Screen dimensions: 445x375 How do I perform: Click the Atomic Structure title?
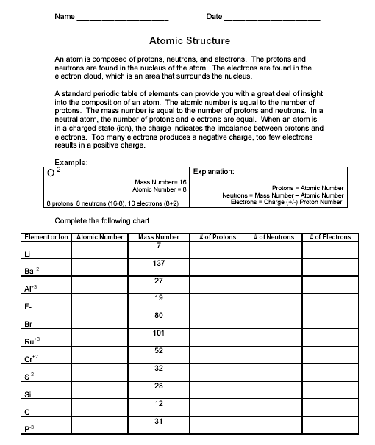pyautogui.click(x=189, y=41)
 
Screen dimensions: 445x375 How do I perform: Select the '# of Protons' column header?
pyautogui.click(x=218, y=237)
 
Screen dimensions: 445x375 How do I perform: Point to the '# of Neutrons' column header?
pyautogui.click(x=274, y=237)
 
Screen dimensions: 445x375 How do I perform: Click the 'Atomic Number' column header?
pyautogui.click(x=100, y=237)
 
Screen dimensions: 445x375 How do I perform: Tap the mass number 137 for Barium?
pyautogui.click(x=159, y=263)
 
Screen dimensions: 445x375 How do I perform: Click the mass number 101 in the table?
pyautogui.click(x=159, y=333)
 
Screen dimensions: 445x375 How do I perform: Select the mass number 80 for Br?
pyautogui.click(x=159, y=315)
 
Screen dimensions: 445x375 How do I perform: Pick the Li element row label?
pyautogui.click(x=27, y=253)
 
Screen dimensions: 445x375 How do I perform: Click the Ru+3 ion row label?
pyautogui.click(x=32, y=341)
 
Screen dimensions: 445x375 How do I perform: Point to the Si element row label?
pyautogui.click(x=27, y=394)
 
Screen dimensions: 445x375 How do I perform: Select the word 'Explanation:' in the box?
pyautogui.click(x=214, y=172)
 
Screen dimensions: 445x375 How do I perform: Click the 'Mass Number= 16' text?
pyautogui.click(x=161, y=181)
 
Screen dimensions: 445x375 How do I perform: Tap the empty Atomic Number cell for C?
pyautogui.click(x=100, y=408)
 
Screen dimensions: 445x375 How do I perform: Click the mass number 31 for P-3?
pyautogui.click(x=159, y=421)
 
